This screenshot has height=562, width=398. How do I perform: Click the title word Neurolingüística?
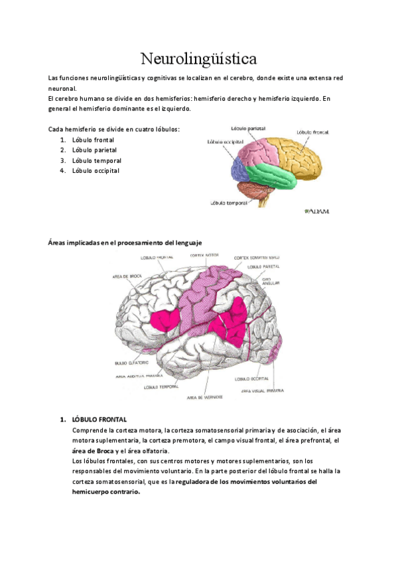click(x=200, y=58)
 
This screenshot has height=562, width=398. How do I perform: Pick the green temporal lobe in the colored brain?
click(x=269, y=176)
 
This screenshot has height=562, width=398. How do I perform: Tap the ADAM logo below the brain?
click(x=316, y=211)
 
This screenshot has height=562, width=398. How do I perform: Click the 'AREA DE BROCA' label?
click(x=128, y=275)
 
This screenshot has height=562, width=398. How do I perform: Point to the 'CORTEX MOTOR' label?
click(x=204, y=255)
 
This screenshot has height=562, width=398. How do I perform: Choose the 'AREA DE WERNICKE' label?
click(x=204, y=396)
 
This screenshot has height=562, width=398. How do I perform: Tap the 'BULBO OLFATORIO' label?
click(x=130, y=363)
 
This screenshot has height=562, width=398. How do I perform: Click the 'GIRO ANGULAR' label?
click(x=271, y=282)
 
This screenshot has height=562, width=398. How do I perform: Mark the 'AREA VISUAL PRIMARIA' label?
click(x=263, y=391)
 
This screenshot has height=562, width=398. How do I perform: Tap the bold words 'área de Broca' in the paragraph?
click(x=93, y=450)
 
